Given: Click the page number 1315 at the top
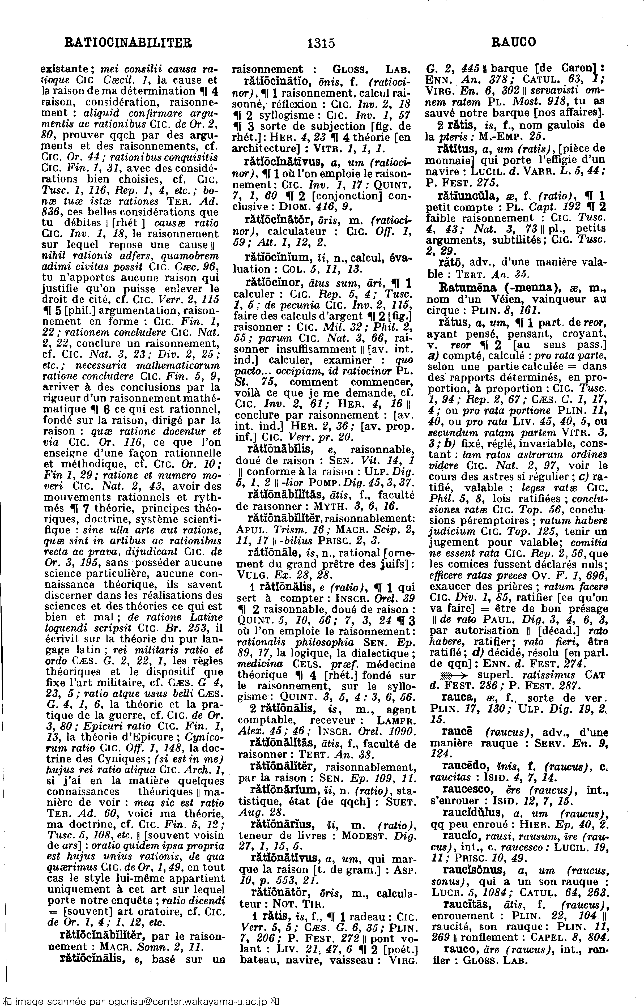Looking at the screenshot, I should [321, 43].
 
